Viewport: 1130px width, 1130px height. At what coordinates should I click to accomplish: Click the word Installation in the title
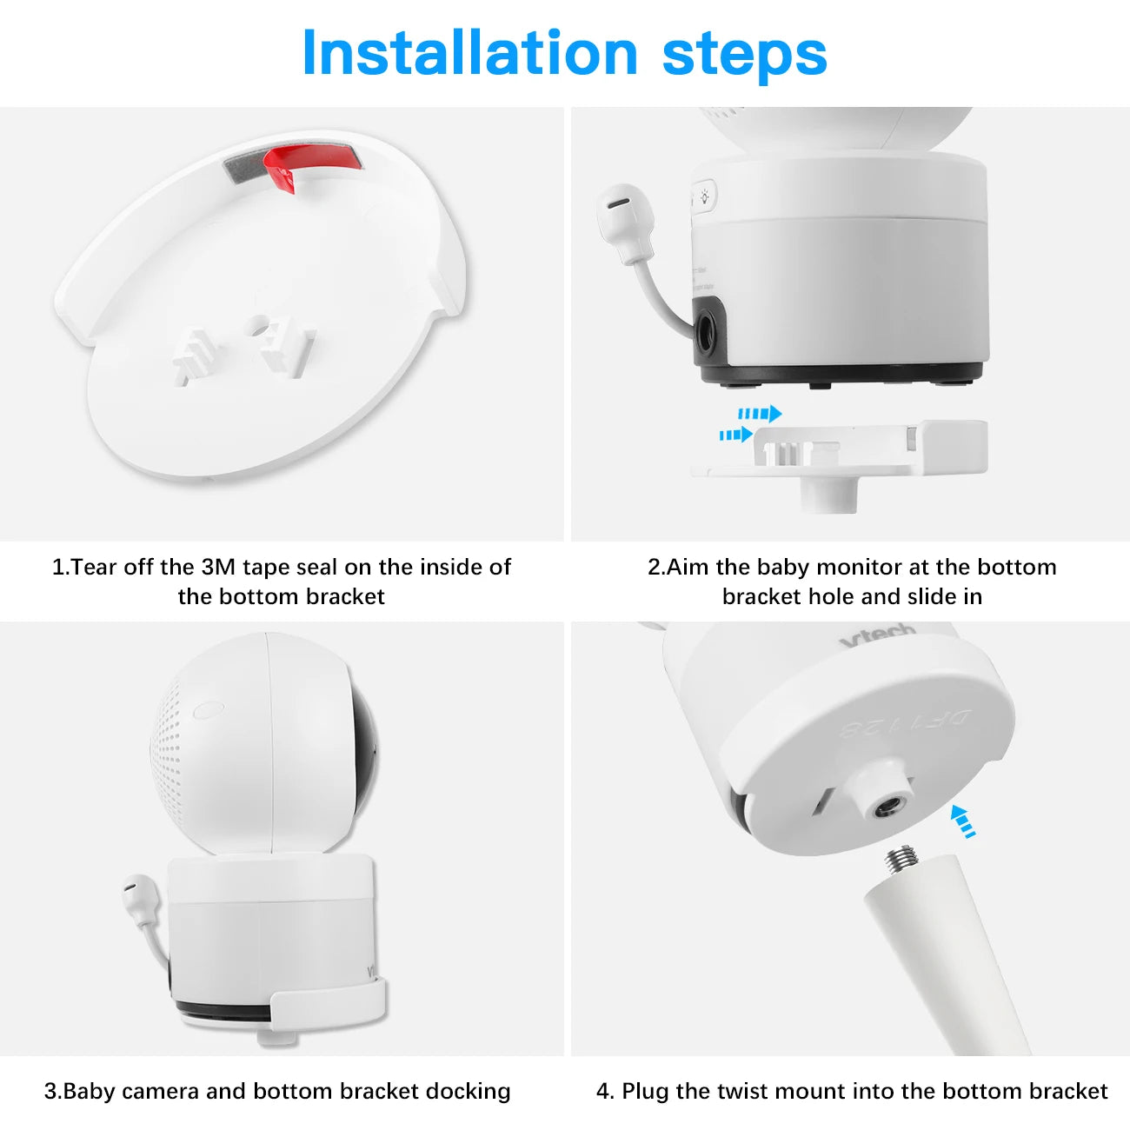(x=469, y=53)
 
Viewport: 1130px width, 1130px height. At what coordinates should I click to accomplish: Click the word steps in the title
(x=745, y=57)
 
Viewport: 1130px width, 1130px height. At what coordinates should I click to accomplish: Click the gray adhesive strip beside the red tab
(x=246, y=167)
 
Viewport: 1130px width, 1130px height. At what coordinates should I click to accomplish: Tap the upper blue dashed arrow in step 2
(x=760, y=414)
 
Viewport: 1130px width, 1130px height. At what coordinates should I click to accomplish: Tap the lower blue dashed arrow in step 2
(x=736, y=435)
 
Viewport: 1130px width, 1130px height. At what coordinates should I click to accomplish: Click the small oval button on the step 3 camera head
(x=205, y=710)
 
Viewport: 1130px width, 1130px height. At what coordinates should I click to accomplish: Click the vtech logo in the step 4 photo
(x=877, y=635)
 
